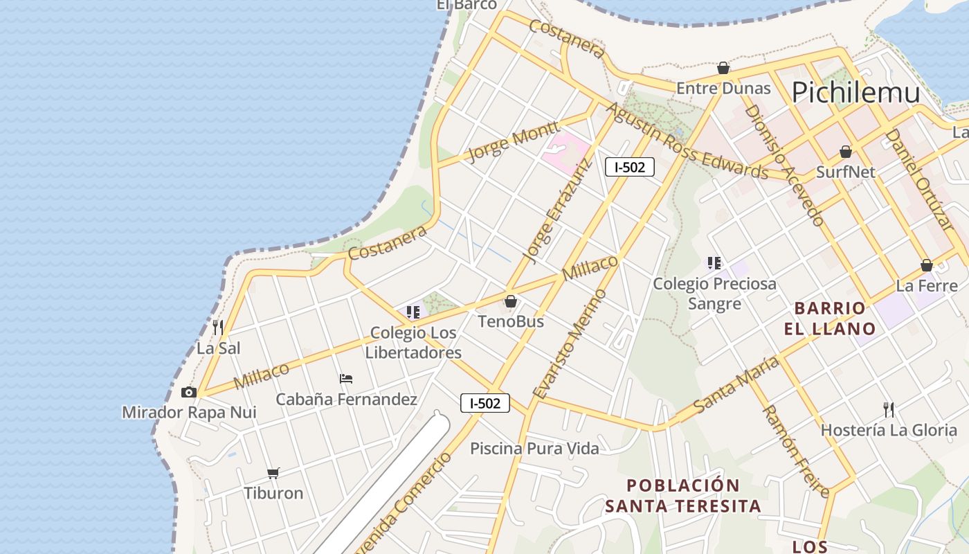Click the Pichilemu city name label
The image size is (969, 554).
coord(855,92)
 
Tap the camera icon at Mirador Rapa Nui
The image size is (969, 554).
coord(188,393)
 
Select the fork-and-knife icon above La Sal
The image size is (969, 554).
coord(218,327)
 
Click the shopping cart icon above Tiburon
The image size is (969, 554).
coord(273,473)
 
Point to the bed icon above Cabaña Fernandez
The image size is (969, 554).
coord(346,379)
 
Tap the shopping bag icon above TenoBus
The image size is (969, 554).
coord(511,301)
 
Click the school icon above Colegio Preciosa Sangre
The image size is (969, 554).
coord(714,263)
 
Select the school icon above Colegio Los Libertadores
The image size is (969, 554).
coord(413,312)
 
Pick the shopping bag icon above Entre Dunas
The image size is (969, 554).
coord(723,68)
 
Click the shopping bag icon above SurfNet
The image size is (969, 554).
coord(845,152)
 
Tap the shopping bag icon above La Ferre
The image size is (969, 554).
coord(927,265)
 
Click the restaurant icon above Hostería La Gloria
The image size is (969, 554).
coord(889,409)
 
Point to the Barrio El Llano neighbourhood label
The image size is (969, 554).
coord(830,318)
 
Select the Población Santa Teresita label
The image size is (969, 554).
coord(683,495)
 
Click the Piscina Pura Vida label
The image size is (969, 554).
coord(534,449)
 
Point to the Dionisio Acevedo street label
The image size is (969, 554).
coord(784,166)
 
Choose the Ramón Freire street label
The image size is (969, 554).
coord(795,451)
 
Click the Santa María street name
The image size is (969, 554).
coord(735,384)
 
